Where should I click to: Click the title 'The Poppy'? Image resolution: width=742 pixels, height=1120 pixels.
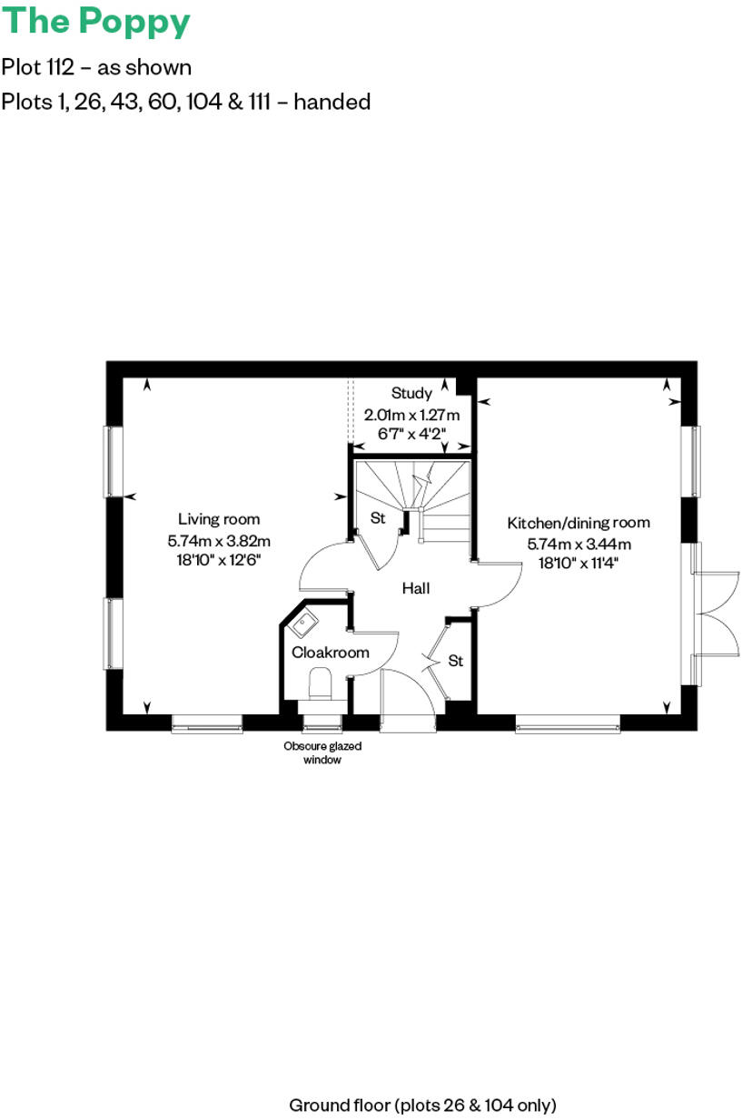coord(96,22)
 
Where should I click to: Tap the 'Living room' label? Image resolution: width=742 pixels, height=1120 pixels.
coord(219,519)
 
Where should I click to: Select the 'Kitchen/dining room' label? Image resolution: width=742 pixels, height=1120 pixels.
coord(579,523)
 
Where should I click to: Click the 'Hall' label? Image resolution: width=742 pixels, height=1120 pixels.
coord(416,588)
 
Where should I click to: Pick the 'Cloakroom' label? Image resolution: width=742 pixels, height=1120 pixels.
coord(331,653)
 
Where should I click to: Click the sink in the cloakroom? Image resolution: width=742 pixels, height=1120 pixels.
coord(303,625)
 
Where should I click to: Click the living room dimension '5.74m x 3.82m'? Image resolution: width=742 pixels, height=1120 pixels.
coord(219,540)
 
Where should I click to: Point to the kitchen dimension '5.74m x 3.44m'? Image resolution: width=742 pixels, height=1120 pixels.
coord(579,544)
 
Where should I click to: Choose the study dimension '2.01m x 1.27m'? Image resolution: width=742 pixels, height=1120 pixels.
coord(412,414)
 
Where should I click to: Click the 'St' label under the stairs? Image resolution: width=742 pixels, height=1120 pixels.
coord(379,518)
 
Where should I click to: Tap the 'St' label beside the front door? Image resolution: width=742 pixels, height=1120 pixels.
coord(456,661)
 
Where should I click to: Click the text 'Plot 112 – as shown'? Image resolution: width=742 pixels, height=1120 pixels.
coord(96,67)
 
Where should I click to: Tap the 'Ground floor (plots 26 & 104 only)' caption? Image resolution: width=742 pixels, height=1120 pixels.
coord(422,1105)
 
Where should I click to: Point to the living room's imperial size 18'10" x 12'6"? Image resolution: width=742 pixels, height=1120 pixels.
coord(219,560)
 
